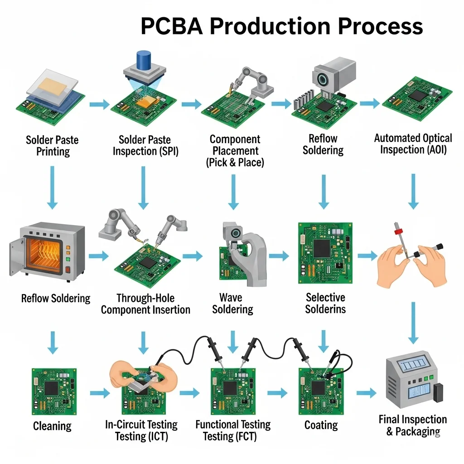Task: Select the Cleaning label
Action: tap(52, 426)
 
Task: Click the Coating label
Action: tap(321, 425)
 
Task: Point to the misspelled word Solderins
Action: tap(325, 309)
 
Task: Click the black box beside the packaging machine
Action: tap(437, 392)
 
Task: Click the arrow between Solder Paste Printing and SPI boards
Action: tap(99, 105)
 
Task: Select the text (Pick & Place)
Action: tap(235, 162)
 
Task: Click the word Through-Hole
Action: tap(145, 298)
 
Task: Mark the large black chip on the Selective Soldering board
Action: tap(322, 248)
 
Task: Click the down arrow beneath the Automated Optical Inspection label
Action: tap(413, 191)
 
